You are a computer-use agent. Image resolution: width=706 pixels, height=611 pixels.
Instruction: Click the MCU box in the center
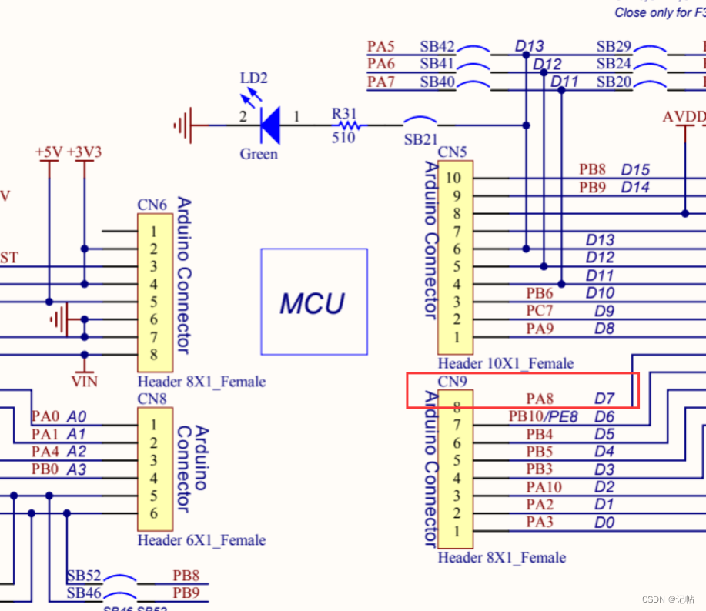click(314, 302)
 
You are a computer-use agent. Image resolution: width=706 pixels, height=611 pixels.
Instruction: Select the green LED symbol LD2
click(269, 124)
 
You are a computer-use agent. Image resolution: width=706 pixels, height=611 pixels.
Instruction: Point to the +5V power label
click(48, 152)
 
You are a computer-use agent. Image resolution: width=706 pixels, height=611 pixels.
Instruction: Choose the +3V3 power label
click(84, 152)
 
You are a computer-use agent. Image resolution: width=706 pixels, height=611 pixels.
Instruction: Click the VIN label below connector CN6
click(84, 379)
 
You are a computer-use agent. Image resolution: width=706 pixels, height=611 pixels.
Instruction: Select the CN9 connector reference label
click(452, 382)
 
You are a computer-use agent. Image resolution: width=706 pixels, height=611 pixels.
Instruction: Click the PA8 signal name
click(540, 399)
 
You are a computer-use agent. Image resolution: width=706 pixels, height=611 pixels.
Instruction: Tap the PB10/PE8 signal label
click(542, 416)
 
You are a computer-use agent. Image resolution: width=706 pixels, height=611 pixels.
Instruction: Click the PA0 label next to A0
click(45, 416)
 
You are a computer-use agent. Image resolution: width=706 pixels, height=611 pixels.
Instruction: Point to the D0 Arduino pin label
click(604, 523)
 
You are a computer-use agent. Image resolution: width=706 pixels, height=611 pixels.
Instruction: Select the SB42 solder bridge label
click(437, 47)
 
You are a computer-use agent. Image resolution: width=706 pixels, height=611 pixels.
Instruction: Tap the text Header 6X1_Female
click(202, 540)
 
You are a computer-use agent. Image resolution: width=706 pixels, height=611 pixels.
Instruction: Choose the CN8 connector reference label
click(152, 399)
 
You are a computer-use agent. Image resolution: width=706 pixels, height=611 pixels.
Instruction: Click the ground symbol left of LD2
click(184, 124)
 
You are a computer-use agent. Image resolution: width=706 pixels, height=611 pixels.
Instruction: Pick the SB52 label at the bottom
click(83, 576)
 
